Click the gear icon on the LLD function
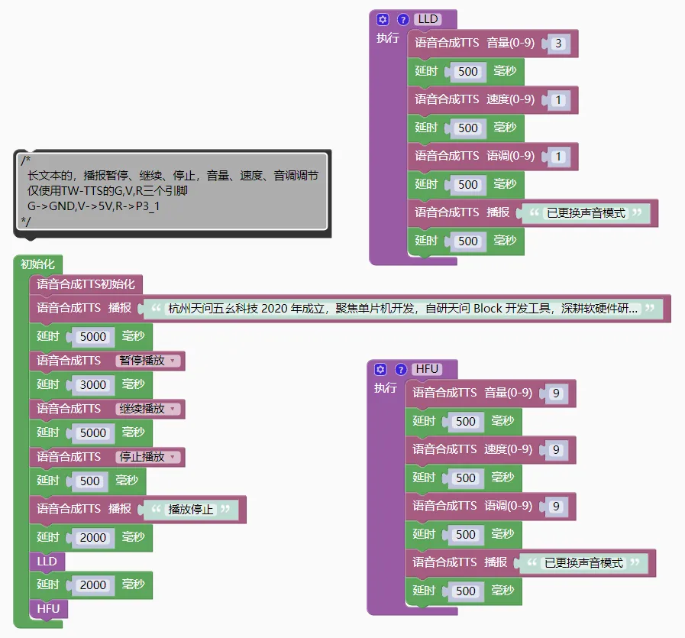pos(383,19)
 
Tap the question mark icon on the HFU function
pos(399,369)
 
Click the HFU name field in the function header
pos(427,369)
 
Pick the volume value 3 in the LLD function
pos(558,44)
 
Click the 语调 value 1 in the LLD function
pos(558,157)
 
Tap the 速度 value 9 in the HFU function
pos(556,449)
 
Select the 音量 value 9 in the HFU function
pos(556,393)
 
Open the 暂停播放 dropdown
pos(148,361)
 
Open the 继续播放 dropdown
pos(148,409)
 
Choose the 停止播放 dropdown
pos(148,457)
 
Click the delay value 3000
pos(93,384)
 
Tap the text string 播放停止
pos(191,509)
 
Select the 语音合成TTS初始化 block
pos(86,284)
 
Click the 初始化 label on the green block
pos(38,264)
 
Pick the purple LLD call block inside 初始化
pos(47,562)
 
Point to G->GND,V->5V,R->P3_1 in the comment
pos(94,206)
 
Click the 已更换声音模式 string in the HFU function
pos(583,563)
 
